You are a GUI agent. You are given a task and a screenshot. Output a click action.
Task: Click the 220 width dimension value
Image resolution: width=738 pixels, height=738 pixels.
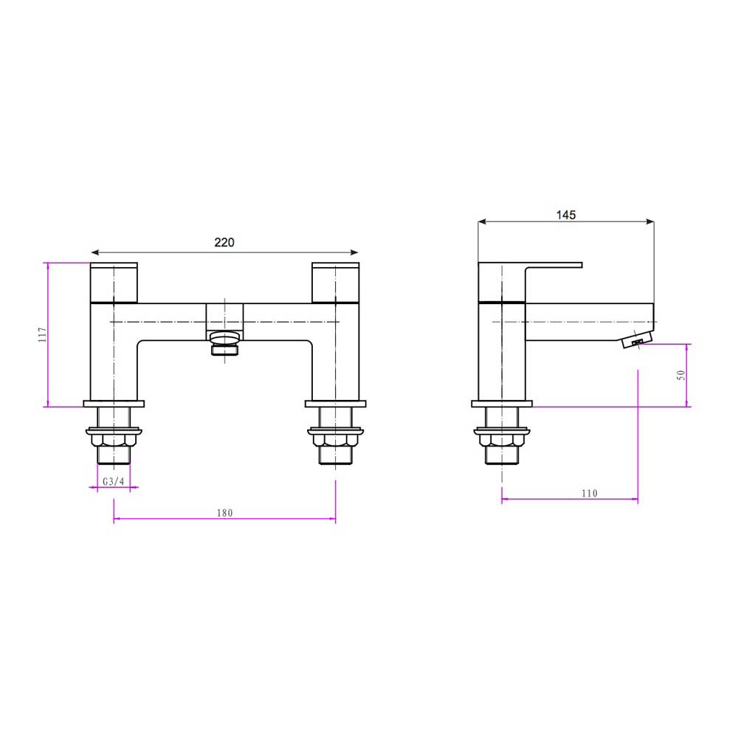pos(224,242)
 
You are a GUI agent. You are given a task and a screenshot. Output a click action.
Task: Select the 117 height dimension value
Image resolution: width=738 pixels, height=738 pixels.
pos(42,334)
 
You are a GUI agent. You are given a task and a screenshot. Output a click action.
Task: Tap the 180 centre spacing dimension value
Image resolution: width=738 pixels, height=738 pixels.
pos(224,513)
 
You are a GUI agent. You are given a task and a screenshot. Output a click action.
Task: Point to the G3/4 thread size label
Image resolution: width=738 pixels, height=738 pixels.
pos(113,481)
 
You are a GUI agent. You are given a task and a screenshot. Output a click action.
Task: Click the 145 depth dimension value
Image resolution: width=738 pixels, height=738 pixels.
pos(565,215)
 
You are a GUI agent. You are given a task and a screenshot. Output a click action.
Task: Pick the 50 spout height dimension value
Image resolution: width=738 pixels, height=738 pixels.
pos(681,375)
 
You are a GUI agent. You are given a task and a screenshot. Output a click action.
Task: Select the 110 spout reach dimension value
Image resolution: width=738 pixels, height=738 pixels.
pos(588,493)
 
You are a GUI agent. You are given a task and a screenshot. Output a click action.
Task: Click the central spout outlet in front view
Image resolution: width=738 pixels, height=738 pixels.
pos(224,344)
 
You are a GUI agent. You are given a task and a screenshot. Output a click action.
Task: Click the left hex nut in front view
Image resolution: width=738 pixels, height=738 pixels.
pos(113,441)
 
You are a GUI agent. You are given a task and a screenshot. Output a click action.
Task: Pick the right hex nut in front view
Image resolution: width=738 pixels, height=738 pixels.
pos(336,441)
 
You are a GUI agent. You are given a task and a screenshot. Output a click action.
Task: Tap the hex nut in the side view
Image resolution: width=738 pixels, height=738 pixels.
pos(502,441)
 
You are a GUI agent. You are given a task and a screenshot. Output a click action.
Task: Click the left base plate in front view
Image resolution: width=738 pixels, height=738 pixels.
pos(114,404)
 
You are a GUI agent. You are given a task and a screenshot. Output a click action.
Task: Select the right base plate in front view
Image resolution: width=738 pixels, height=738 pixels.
pos(336,404)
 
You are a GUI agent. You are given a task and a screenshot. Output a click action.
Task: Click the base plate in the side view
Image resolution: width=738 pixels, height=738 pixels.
pos(502,404)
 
